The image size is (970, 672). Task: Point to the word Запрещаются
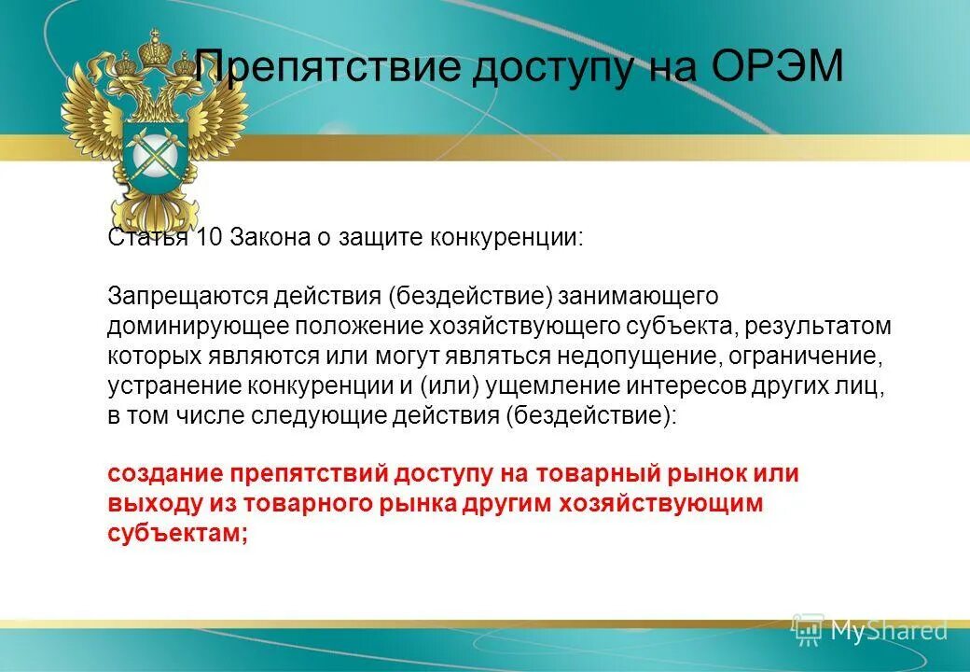187,296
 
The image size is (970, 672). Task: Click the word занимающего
639,296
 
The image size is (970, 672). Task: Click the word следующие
307,415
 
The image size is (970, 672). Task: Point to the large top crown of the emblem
153,47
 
